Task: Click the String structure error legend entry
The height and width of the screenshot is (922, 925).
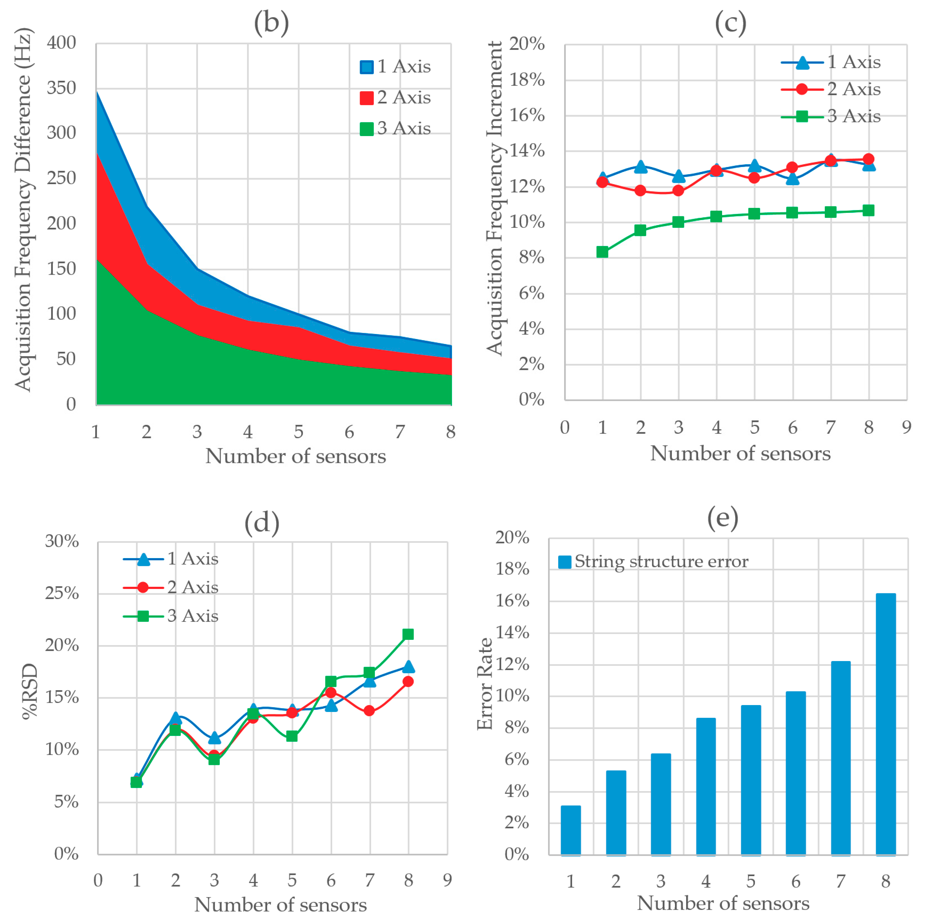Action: point(653,562)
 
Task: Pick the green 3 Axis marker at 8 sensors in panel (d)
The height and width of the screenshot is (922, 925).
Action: point(408,634)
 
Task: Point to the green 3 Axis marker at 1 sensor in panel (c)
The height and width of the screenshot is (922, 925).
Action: point(602,252)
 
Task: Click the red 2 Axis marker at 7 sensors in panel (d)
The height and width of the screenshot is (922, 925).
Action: point(369,711)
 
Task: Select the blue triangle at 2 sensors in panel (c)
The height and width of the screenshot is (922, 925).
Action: point(641,167)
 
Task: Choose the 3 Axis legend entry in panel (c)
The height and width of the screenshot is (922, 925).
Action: point(831,116)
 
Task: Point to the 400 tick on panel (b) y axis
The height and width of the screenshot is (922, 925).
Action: point(61,43)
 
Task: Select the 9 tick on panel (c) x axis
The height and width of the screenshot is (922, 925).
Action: point(906,427)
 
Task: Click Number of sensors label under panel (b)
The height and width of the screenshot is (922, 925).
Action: point(295,456)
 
